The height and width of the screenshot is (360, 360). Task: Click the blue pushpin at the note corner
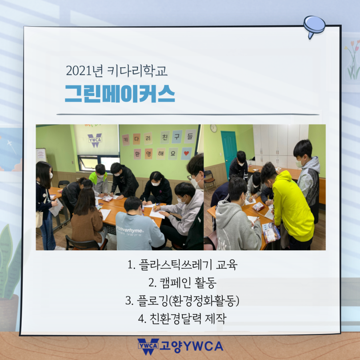pos(314,26)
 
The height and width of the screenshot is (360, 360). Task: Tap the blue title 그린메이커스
pos(120,93)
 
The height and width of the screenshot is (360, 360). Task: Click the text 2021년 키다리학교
pos(116,71)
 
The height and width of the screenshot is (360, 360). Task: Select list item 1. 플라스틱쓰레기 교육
pos(182,264)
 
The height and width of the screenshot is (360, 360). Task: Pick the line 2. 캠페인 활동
pos(182,282)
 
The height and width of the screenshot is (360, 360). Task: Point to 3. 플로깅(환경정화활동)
pos(182,300)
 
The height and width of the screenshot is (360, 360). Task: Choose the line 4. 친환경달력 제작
pos(182,318)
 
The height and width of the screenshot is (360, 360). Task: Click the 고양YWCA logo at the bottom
pos(180,347)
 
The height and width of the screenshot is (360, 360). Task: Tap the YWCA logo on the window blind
pos(95,140)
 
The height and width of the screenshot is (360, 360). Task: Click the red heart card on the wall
pos(186,153)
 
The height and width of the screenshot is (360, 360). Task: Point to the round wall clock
pos(213,128)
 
